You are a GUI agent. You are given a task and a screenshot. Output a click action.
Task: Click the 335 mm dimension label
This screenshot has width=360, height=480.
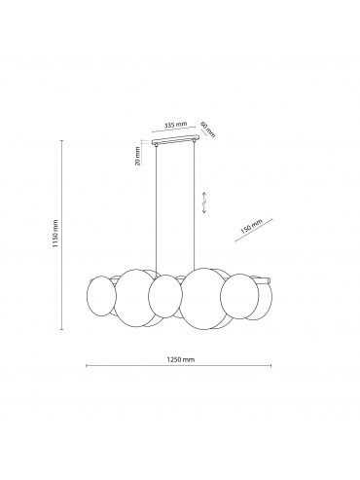175,125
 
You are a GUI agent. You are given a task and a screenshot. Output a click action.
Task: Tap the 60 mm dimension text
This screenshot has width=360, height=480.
208,129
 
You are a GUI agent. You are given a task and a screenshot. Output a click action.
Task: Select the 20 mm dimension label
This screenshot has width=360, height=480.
138,156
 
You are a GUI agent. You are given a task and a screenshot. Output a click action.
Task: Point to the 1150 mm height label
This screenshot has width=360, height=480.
55,234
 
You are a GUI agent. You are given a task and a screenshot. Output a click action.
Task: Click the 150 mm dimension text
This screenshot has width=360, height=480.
251,227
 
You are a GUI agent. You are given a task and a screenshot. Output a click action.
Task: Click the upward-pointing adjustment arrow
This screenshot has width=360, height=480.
204,197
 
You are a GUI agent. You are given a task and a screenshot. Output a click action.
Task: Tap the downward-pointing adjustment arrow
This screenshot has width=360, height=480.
204,208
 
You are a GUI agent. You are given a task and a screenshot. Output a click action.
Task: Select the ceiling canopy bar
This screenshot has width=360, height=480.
175,141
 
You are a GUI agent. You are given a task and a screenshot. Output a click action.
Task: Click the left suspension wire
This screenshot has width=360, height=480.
157,209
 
